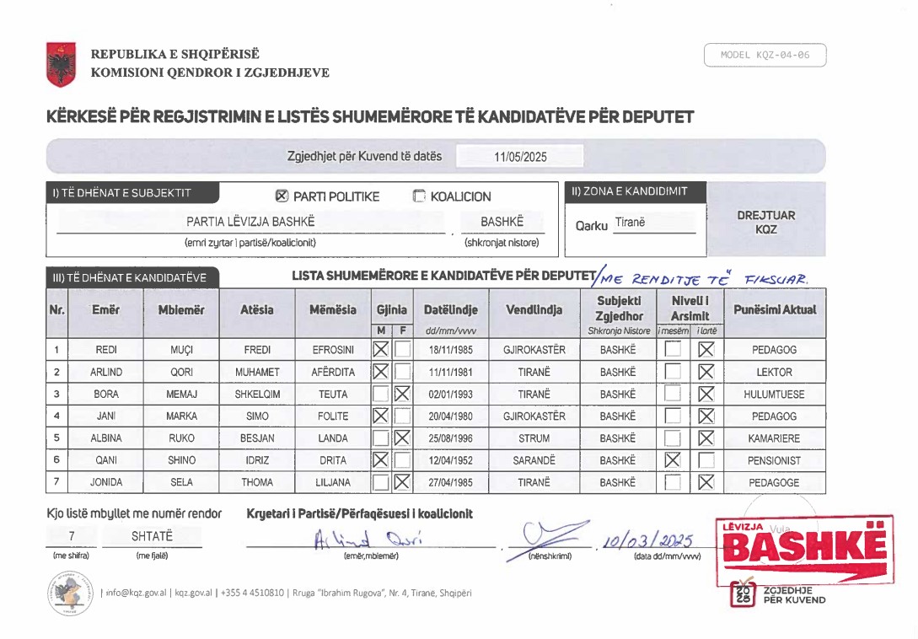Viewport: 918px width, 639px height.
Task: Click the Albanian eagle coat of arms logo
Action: [61, 64]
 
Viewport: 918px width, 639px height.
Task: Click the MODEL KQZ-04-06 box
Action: [765, 56]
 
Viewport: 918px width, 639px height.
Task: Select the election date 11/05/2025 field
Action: [519, 157]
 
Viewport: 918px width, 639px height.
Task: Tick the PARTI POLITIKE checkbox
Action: [282, 196]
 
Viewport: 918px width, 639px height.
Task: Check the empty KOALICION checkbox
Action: [419, 196]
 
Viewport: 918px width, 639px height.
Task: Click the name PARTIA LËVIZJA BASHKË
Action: [250, 222]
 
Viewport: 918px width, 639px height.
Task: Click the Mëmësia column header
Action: [332, 309]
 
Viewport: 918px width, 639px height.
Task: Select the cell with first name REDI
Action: [106, 349]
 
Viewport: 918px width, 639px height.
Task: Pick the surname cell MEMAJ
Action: [181, 394]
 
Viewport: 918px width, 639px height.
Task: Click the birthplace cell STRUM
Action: [534, 438]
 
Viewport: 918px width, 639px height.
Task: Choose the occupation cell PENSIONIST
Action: [774, 460]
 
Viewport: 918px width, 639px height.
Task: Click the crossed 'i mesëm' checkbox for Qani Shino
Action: [672, 460]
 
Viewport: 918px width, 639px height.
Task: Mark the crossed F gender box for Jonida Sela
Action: [401, 482]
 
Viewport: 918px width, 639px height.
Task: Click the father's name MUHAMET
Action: [256, 372]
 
